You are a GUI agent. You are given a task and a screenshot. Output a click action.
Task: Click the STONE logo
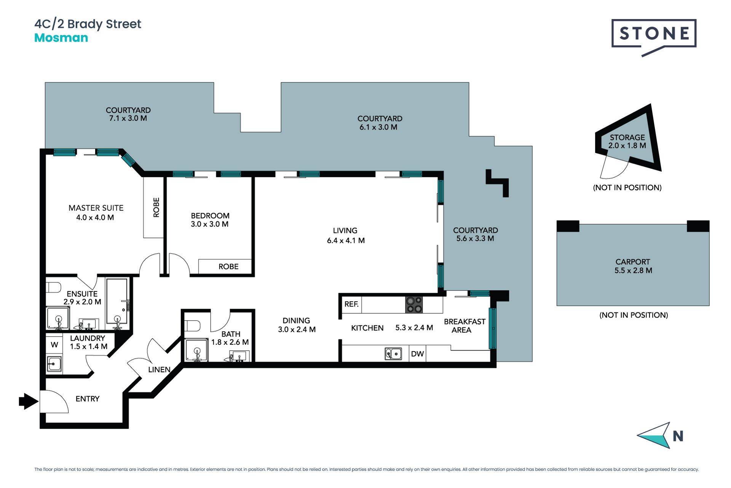[654, 37]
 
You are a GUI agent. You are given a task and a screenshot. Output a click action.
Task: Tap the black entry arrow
[29, 401]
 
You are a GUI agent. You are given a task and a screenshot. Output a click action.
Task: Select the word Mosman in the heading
[61, 38]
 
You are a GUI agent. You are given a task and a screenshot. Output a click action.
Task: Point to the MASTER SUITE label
[96, 208]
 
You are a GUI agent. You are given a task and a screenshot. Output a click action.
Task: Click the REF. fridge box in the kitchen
[351, 304]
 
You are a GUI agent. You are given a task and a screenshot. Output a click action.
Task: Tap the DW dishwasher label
[417, 354]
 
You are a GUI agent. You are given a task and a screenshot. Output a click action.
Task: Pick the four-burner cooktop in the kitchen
[414, 305]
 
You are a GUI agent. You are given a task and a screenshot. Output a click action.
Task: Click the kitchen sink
[393, 353]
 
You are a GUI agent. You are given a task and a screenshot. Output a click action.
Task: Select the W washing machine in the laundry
[54, 345]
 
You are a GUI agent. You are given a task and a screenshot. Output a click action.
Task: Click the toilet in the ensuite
[53, 287]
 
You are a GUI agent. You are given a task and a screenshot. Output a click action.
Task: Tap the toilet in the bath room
[192, 326]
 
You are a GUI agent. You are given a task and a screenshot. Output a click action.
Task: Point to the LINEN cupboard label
[159, 369]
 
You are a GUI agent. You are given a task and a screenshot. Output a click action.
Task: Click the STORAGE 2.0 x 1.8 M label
[627, 141]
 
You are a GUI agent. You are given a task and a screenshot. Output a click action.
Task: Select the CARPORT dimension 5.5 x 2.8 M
[633, 270]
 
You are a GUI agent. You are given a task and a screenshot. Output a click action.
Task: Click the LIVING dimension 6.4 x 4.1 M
[346, 241]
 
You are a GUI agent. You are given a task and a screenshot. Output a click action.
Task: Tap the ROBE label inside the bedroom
[228, 266]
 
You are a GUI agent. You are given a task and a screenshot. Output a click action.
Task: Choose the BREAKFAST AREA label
[464, 326]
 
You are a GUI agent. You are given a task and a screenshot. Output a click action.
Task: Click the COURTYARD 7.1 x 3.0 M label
[128, 114]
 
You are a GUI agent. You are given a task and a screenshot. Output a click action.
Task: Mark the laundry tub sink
[54, 364]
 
